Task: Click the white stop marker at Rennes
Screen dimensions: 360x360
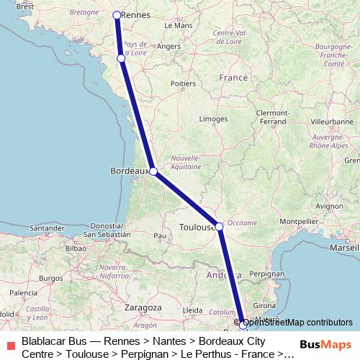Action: click(x=117, y=14)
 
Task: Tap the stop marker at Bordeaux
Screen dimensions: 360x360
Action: click(x=153, y=171)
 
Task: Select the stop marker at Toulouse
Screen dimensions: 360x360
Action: click(x=219, y=225)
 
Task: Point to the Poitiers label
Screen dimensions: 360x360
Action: click(x=183, y=84)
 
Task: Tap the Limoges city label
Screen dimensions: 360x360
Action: click(x=214, y=118)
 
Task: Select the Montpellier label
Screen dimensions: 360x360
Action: click(x=299, y=221)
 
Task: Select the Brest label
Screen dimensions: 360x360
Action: click(x=24, y=6)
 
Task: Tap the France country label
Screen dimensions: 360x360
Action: click(x=233, y=77)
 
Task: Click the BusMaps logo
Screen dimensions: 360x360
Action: click(x=323, y=345)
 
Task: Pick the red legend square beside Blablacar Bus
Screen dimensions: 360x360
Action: click(x=9, y=345)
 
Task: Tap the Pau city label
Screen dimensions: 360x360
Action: click(x=160, y=235)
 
